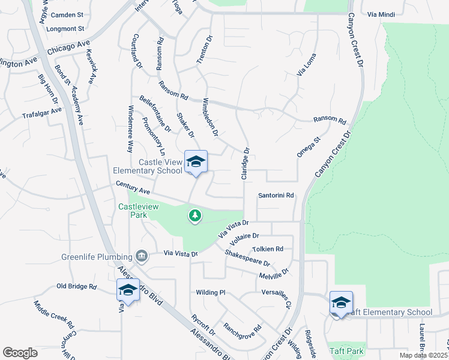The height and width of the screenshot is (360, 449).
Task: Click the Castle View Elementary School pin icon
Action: [196, 162]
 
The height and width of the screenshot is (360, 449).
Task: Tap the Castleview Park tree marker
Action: [194, 215]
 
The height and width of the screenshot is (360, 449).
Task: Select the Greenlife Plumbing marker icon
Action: [142, 257]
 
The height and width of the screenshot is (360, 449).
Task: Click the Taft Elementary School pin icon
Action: [341, 303]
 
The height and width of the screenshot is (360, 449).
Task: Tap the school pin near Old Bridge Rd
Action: [128, 290]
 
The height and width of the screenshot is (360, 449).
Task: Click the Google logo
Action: [20, 352]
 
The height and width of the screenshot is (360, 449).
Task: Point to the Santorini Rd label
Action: [276, 196]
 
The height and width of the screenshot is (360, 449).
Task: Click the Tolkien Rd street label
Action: [268, 249]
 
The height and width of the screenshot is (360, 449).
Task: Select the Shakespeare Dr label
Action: [247, 259]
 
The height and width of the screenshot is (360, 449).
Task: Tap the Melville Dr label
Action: [274, 274]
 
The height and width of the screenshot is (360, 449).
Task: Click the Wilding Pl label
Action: [209, 293]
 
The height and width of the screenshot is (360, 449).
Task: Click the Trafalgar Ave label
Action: [42, 113]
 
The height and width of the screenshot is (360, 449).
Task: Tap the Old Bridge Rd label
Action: [76, 287]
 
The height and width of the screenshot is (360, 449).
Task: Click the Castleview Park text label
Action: [133, 211]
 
